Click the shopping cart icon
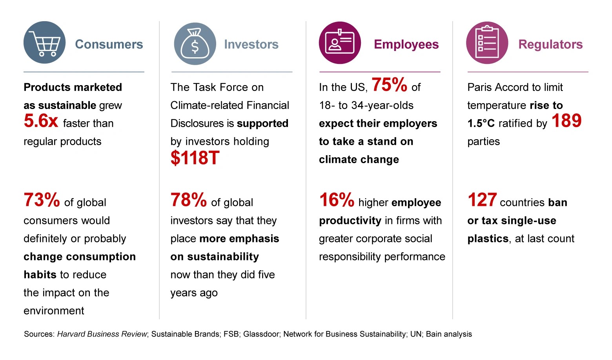click(45, 43)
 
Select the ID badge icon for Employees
click(340, 43)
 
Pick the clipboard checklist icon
click(487, 43)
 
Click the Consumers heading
click(109, 44)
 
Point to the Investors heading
click(251, 44)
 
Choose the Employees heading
click(406, 44)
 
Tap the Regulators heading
click(550, 44)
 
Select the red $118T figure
click(195, 158)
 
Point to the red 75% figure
click(389, 85)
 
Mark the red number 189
click(566, 121)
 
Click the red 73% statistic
click(42, 200)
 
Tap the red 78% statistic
click(188, 200)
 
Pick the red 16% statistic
click(337, 200)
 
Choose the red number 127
click(482, 200)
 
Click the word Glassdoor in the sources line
click(261, 334)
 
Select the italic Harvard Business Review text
click(102, 334)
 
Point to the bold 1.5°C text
click(481, 124)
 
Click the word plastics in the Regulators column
click(488, 238)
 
